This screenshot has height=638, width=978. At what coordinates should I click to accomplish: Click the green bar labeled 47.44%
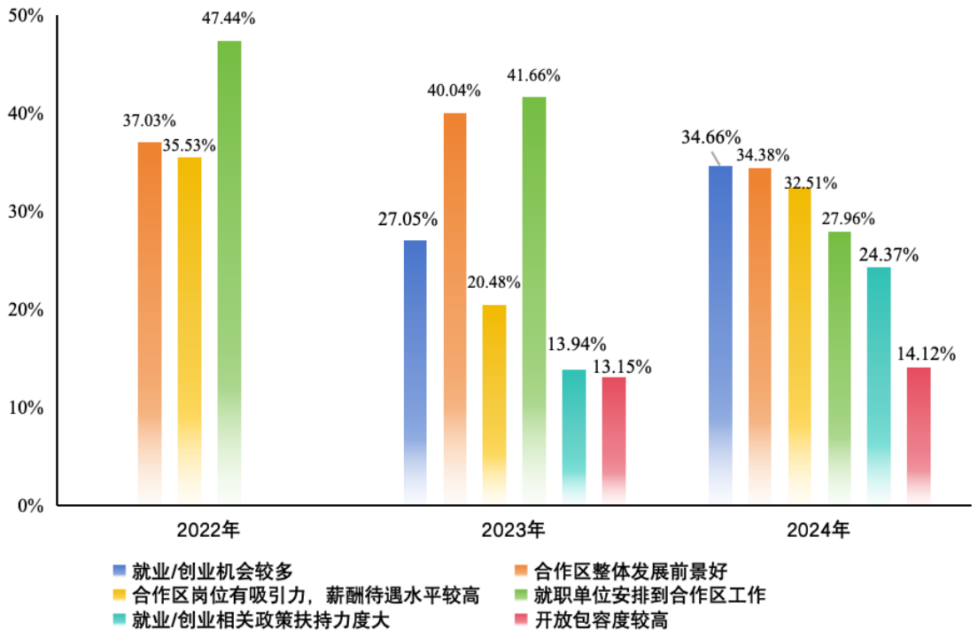coord(229,266)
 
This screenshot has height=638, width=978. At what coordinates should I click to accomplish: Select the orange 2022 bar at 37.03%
coord(150,319)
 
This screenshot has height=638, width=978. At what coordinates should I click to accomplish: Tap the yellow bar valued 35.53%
coord(190,328)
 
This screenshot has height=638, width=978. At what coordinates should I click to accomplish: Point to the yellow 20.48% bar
coord(494,399)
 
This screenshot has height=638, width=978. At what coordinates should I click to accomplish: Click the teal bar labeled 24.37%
coord(879,381)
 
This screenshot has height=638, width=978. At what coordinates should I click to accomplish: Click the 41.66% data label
coord(532,76)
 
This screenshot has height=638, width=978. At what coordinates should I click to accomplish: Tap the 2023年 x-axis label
coord(514,531)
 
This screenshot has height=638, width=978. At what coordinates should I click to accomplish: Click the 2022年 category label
coord(208,531)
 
